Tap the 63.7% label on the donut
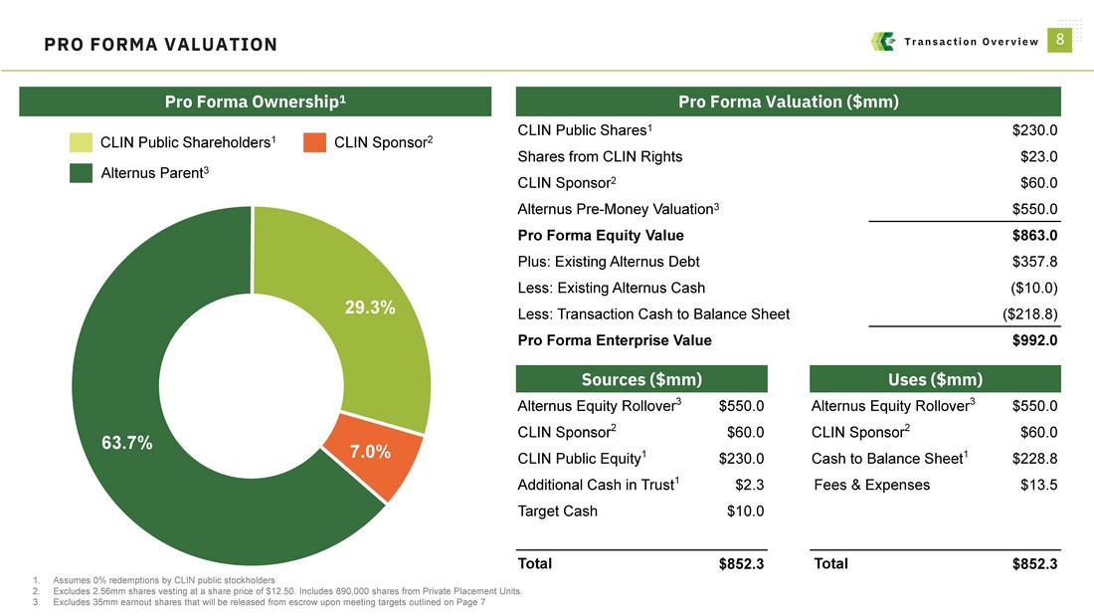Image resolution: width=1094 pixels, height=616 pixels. point(127,444)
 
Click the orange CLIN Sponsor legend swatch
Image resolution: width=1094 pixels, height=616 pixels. point(314,143)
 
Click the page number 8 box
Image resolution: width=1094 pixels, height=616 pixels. point(1061,40)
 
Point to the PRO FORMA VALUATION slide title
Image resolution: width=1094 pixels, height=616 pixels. point(161,45)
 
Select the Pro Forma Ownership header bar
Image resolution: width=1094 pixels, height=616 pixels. point(256,102)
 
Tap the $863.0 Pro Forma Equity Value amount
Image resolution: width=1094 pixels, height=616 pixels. point(1033,236)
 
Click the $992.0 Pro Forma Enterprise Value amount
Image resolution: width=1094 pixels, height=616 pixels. point(1033,339)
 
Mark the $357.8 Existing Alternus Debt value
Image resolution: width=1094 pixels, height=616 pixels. point(1033,262)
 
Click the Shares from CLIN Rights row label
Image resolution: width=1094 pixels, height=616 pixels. point(600,156)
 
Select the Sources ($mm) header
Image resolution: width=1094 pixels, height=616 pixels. point(641,379)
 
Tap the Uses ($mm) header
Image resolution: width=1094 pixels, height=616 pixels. point(935,379)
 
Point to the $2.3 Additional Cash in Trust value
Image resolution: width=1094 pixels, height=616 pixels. point(749,485)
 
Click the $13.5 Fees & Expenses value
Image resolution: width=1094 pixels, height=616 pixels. point(1038,485)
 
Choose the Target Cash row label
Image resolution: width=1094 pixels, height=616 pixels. point(557,512)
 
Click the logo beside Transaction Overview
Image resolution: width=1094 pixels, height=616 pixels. point(882,41)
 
